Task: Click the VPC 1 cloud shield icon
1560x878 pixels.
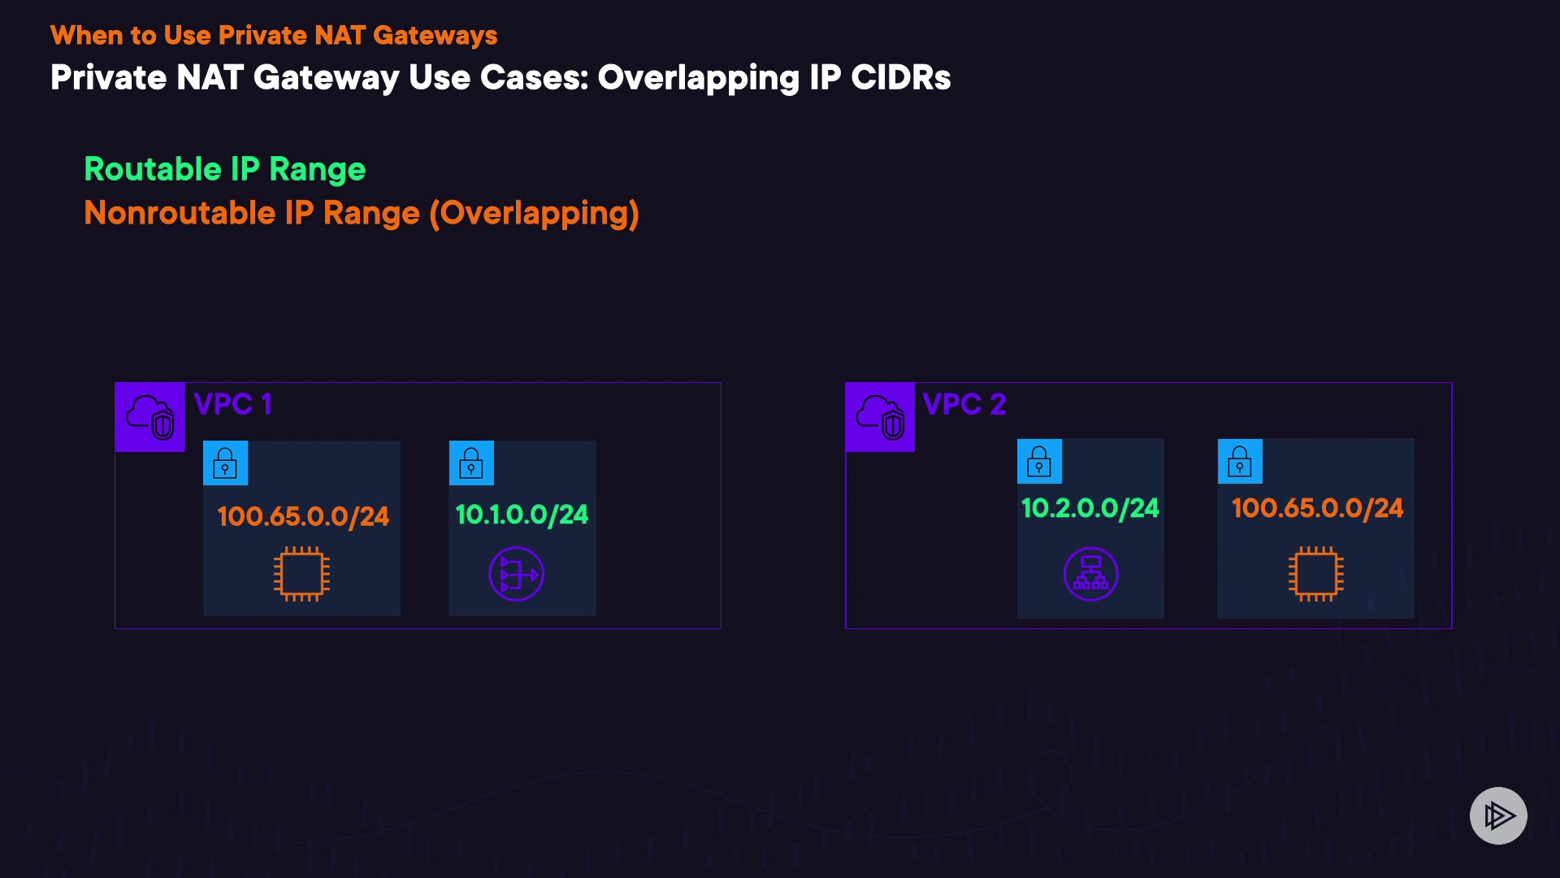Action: (150, 417)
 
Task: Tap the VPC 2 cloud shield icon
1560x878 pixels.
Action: (880, 417)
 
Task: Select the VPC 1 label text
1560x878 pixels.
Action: (232, 404)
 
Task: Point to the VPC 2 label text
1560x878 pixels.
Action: (964, 404)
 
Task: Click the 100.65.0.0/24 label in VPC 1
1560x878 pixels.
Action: (303, 516)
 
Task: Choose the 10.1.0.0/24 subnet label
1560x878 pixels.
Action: (522, 515)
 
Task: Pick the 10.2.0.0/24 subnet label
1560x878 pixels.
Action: (1090, 508)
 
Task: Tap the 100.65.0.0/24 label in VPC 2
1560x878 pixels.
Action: (1317, 508)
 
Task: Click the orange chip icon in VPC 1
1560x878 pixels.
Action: (301, 574)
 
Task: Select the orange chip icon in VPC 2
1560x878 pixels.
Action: (1315, 574)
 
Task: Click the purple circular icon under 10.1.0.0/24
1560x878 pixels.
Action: (516, 574)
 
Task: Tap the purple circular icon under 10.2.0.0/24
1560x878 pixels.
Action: (1090, 574)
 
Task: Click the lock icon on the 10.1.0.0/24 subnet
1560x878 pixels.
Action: (471, 463)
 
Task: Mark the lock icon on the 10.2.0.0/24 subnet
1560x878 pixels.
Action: (1039, 461)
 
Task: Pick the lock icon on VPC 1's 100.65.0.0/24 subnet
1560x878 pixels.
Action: (225, 463)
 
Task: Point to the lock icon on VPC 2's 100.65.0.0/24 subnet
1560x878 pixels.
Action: (1240, 461)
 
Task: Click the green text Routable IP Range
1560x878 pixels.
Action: (225, 169)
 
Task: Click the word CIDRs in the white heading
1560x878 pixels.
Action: (900, 78)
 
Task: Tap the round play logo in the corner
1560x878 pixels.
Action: (1498, 815)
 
